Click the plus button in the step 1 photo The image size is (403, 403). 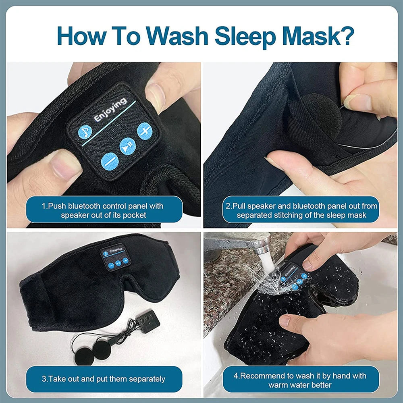[x=144, y=131]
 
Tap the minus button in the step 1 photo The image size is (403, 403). [x=109, y=161]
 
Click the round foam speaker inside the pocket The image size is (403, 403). [x=321, y=113]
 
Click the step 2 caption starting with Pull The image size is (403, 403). [x=301, y=210]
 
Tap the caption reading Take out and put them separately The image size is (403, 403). [x=104, y=379]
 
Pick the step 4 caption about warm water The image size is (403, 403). [x=300, y=380]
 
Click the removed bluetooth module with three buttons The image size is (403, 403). [x=147, y=322]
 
